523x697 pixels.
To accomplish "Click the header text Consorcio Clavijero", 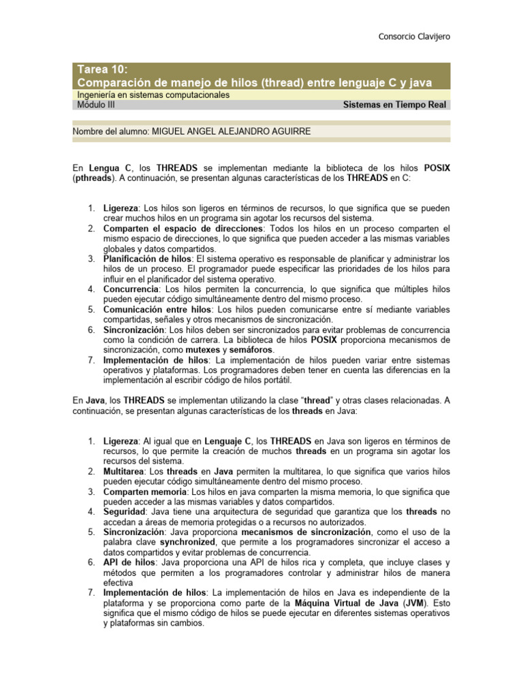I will click(413, 36).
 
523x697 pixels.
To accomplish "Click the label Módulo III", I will click(97, 106).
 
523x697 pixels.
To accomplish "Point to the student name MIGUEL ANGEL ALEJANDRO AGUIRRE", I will click(231, 131).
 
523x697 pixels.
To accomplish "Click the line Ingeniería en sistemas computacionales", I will click(153, 95).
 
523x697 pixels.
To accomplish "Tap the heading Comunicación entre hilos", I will click(157, 310).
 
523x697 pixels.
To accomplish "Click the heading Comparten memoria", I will click(145, 491).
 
